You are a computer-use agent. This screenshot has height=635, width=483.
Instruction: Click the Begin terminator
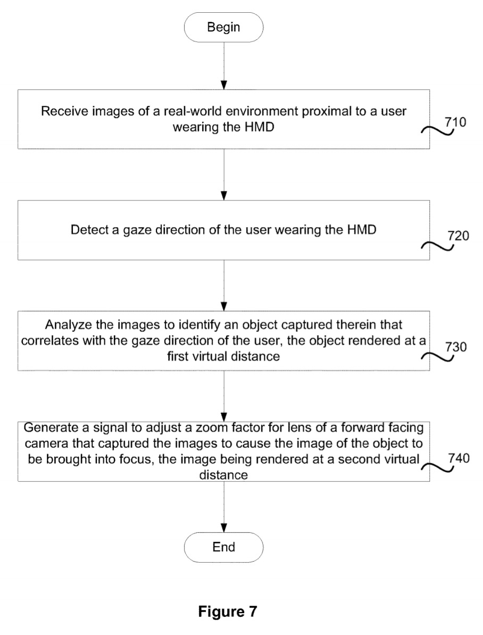pyautogui.click(x=223, y=27)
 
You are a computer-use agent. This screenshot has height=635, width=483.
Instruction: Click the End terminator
pyautogui.click(x=223, y=547)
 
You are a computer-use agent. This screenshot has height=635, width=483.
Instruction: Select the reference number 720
pyautogui.click(x=457, y=237)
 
